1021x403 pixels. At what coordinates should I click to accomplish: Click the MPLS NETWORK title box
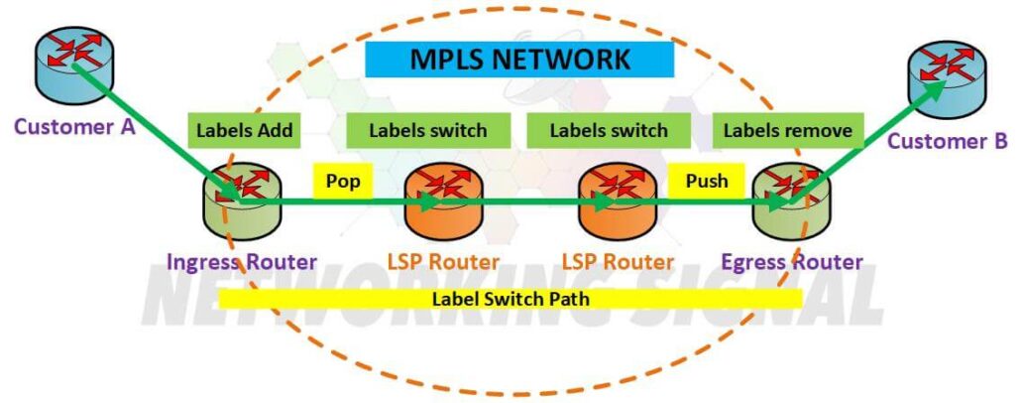(519, 60)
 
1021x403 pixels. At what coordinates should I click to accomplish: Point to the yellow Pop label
(343, 181)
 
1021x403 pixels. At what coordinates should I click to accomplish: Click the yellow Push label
(707, 181)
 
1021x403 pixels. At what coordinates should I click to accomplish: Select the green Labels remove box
(787, 130)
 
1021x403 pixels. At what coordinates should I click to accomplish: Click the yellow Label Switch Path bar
(510, 297)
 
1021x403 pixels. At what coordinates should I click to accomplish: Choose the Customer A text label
(75, 127)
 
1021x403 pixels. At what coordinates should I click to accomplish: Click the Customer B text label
(947, 141)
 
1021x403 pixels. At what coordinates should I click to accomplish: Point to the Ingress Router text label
(242, 262)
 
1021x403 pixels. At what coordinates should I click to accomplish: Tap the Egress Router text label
(791, 262)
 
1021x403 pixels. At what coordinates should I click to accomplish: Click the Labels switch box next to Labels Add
(428, 130)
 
